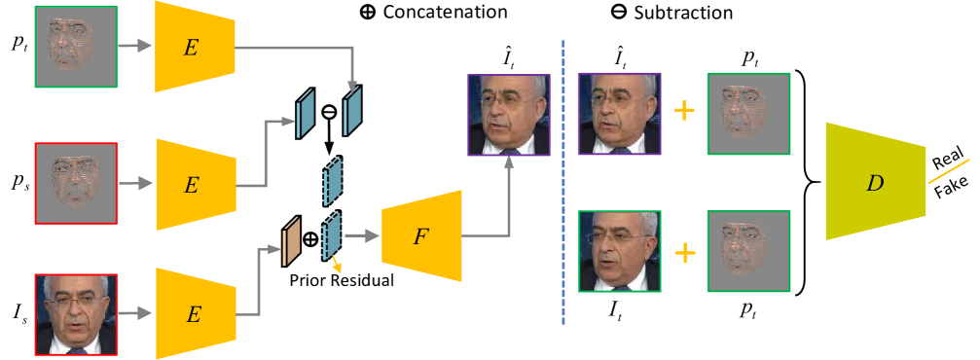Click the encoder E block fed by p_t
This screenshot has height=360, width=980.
coord(196,45)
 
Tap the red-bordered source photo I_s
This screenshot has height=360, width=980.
coord(77,315)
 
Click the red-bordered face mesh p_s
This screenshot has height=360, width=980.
coord(77,183)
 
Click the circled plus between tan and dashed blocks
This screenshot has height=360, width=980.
coord(310,239)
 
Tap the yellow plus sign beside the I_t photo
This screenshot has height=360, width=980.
coord(685,254)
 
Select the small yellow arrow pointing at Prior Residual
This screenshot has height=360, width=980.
coord(338,262)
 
